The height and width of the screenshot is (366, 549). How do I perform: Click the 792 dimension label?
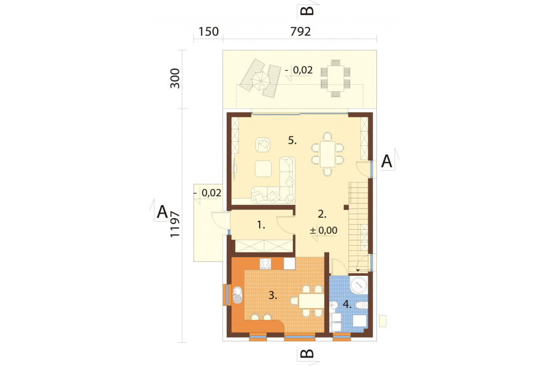point(300,32)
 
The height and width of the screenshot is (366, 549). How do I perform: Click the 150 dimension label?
point(209,32)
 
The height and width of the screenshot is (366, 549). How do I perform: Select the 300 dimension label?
point(175,78)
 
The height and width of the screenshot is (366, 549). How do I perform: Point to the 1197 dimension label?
point(175,224)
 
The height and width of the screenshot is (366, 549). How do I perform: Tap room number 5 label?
point(292,141)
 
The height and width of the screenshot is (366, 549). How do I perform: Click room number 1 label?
point(261,225)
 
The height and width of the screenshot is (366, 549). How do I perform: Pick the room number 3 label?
point(273,295)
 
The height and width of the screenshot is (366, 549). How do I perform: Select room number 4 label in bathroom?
point(347,304)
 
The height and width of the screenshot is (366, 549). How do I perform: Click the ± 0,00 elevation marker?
point(324,230)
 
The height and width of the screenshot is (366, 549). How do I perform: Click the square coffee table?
point(263,169)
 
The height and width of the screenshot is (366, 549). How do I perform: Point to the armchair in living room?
point(263,145)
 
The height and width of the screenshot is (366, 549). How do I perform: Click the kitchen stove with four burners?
point(265,263)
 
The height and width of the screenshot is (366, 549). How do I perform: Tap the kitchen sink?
point(238,295)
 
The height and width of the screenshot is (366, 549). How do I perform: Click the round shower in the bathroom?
point(359,284)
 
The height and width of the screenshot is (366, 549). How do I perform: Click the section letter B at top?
point(308,11)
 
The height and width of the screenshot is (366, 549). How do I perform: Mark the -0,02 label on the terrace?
point(299,70)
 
